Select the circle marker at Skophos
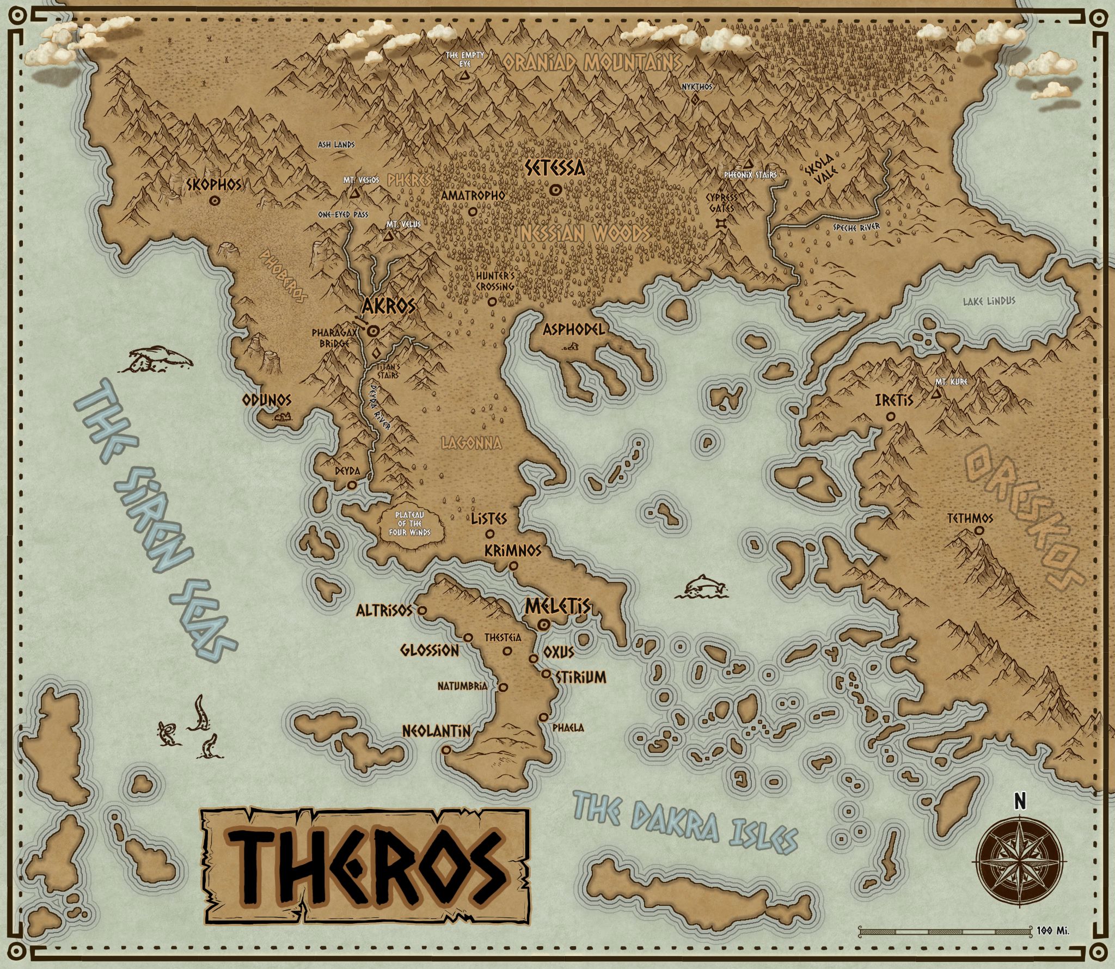click(x=215, y=201)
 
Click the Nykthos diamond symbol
click(x=695, y=100)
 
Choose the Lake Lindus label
click(x=989, y=301)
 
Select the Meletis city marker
click(x=543, y=625)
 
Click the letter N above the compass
click(x=1020, y=801)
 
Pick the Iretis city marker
click(x=891, y=416)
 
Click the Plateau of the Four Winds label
click(x=410, y=524)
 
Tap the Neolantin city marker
click(x=446, y=750)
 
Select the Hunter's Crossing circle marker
click(x=492, y=301)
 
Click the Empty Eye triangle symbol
click(x=464, y=77)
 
